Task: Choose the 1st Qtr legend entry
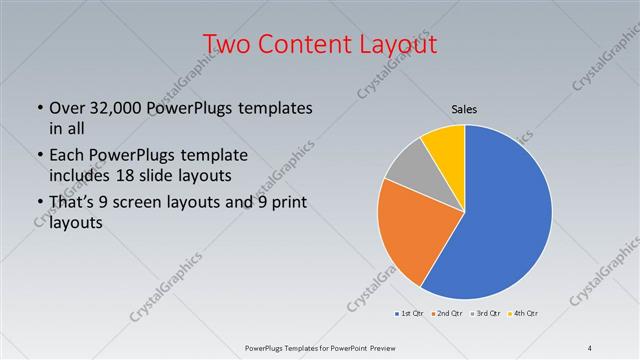coord(410,315)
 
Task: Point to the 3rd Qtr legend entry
coord(486,315)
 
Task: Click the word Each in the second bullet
coord(66,155)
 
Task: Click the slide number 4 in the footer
coord(590,348)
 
